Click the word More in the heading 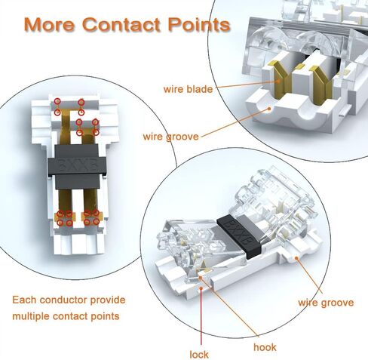point(50,24)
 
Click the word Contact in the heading point(121,24)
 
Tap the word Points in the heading point(199,25)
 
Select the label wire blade point(188,89)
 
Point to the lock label point(199,355)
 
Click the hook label point(265,347)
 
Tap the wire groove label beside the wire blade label point(171,137)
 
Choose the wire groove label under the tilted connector point(326,303)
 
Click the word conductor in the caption point(63,300)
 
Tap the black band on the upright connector point(76,166)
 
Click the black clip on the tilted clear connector point(239,236)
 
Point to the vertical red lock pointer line point(201,316)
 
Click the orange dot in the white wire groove point(269,109)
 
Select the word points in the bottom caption point(105,316)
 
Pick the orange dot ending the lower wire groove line point(296,258)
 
